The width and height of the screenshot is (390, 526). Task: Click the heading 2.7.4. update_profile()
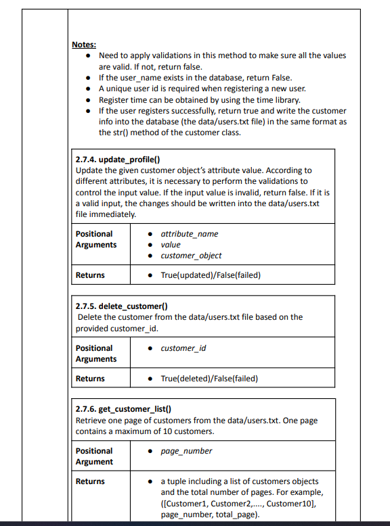tap(113, 160)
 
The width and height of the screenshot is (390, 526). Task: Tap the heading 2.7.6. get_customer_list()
tap(123, 409)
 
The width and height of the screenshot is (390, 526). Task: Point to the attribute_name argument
tap(189, 233)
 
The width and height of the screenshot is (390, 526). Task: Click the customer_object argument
tap(191, 256)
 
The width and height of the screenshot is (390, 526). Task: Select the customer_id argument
tap(183, 348)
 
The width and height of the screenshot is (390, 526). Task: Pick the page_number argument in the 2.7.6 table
tap(186, 451)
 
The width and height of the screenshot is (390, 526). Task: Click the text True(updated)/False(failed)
tap(211, 275)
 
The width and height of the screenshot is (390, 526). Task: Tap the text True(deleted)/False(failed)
tap(209, 379)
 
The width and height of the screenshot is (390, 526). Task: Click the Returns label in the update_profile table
tap(90, 275)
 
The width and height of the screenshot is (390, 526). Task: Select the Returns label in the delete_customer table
tap(90, 379)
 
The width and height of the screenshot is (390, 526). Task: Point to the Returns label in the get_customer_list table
tap(90, 481)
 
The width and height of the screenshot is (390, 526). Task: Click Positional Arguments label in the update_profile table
tap(95, 239)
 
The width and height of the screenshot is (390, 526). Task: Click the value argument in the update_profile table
tap(171, 245)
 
